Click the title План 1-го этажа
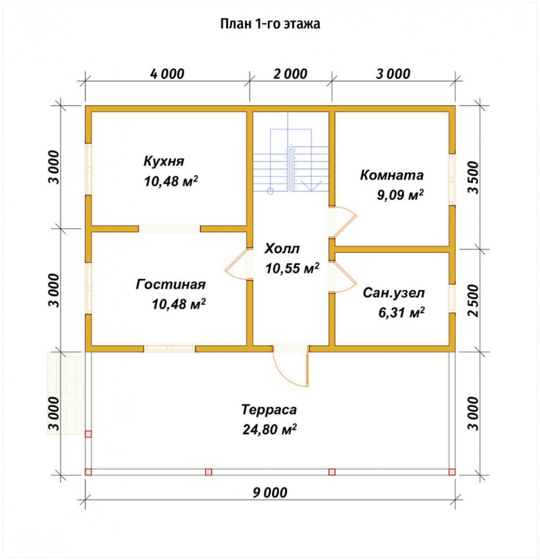(270, 24)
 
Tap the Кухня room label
(164, 161)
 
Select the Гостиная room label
(171, 284)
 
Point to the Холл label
(282, 249)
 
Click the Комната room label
(391, 175)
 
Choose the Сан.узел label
(394, 293)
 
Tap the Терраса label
(269, 409)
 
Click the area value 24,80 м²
(269, 429)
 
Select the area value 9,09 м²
(400, 195)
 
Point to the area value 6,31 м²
(401, 312)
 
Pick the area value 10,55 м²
(292, 268)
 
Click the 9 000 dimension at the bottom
(270, 493)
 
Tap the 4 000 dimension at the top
(167, 74)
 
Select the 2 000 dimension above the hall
(291, 74)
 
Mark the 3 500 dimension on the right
(473, 177)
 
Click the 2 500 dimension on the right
(473, 301)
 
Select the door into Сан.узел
(343, 277)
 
